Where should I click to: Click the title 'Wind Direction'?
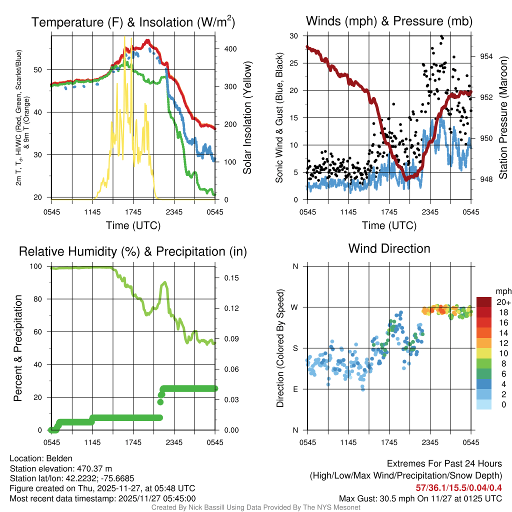click(x=389, y=248)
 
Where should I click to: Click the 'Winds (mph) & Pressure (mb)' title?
click(x=389, y=21)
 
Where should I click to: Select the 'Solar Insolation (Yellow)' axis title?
click(x=247, y=117)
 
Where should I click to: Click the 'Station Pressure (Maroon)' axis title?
click(x=503, y=117)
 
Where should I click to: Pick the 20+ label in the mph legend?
click(x=502, y=302)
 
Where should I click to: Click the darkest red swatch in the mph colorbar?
click(x=484, y=302)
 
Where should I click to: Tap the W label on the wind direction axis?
click(x=295, y=307)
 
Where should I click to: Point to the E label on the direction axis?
click(x=295, y=389)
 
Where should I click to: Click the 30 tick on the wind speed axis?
click(x=294, y=36)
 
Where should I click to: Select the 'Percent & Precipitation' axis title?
click(x=18, y=347)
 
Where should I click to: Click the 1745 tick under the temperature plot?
click(x=133, y=211)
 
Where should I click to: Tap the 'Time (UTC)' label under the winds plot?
click(x=389, y=225)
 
